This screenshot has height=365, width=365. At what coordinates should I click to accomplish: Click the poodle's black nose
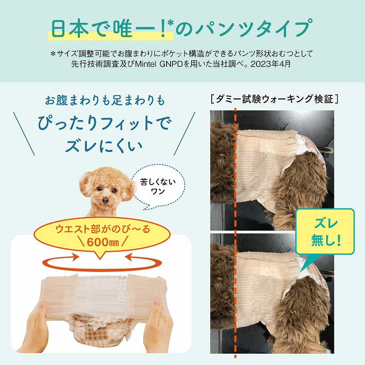105,200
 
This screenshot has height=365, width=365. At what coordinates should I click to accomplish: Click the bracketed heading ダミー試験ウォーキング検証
274,99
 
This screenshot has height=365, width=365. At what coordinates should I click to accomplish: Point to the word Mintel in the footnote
146,64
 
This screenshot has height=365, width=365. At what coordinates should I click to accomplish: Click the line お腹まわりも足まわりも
105,100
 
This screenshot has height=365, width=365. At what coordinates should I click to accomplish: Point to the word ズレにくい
104,146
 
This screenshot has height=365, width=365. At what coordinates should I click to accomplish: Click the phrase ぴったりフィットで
104,123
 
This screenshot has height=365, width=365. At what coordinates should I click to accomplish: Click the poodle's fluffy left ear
85,184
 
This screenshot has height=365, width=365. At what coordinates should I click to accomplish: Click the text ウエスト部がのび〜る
103,229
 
